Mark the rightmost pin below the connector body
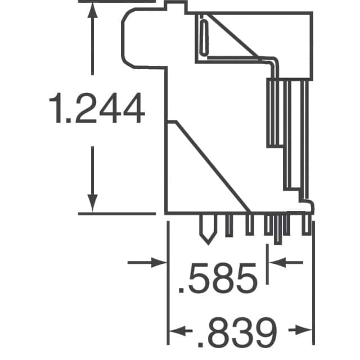(x=306, y=224)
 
